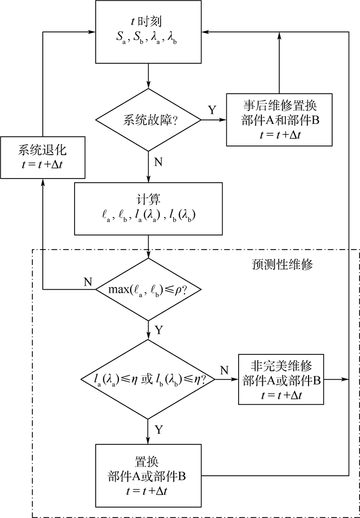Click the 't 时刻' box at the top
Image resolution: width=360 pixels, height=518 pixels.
(x=148, y=32)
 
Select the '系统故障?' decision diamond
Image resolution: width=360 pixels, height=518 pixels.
(x=148, y=120)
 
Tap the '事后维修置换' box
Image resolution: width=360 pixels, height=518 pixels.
(x=279, y=120)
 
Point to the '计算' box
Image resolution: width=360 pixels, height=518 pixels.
(x=148, y=208)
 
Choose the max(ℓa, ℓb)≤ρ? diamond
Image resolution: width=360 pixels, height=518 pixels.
(x=148, y=289)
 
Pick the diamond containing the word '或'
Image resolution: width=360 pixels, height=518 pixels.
(x=148, y=380)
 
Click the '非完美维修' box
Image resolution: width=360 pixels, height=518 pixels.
(x=280, y=380)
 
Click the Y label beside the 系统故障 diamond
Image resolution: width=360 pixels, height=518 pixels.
(x=212, y=110)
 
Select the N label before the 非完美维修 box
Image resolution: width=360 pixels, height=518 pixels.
(x=225, y=370)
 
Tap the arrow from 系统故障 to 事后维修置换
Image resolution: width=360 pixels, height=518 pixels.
(x=213, y=120)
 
